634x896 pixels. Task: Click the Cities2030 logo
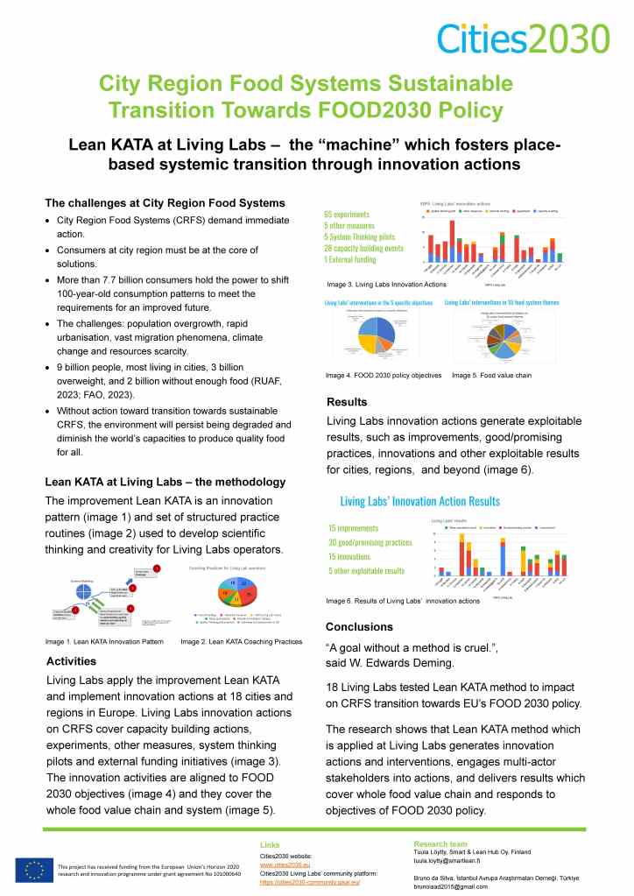tap(522, 37)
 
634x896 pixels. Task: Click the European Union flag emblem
tap(33, 869)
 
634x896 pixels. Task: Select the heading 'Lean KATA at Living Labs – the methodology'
tap(165, 482)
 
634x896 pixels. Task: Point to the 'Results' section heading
tap(347, 402)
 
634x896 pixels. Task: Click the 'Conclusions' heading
tap(360, 627)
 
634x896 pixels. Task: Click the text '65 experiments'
tap(346, 214)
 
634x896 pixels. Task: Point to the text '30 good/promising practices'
tap(370, 542)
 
